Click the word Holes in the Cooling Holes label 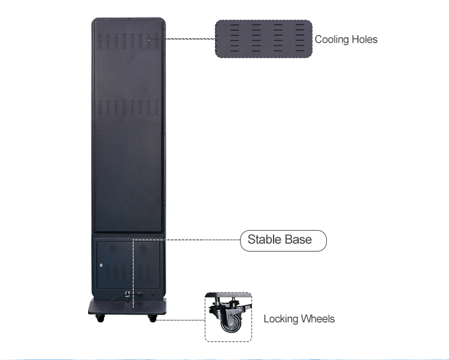click(364, 40)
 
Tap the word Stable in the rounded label click(264, 240)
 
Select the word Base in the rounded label click(298, 240)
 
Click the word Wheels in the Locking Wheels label click(317, 319)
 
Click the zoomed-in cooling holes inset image click(263, 39)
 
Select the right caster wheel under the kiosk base click(152, 318)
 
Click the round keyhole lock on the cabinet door click(102, 266)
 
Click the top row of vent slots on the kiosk click(129, 40)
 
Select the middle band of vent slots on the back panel click(129, 107)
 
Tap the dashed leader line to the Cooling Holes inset click(190, 39)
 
